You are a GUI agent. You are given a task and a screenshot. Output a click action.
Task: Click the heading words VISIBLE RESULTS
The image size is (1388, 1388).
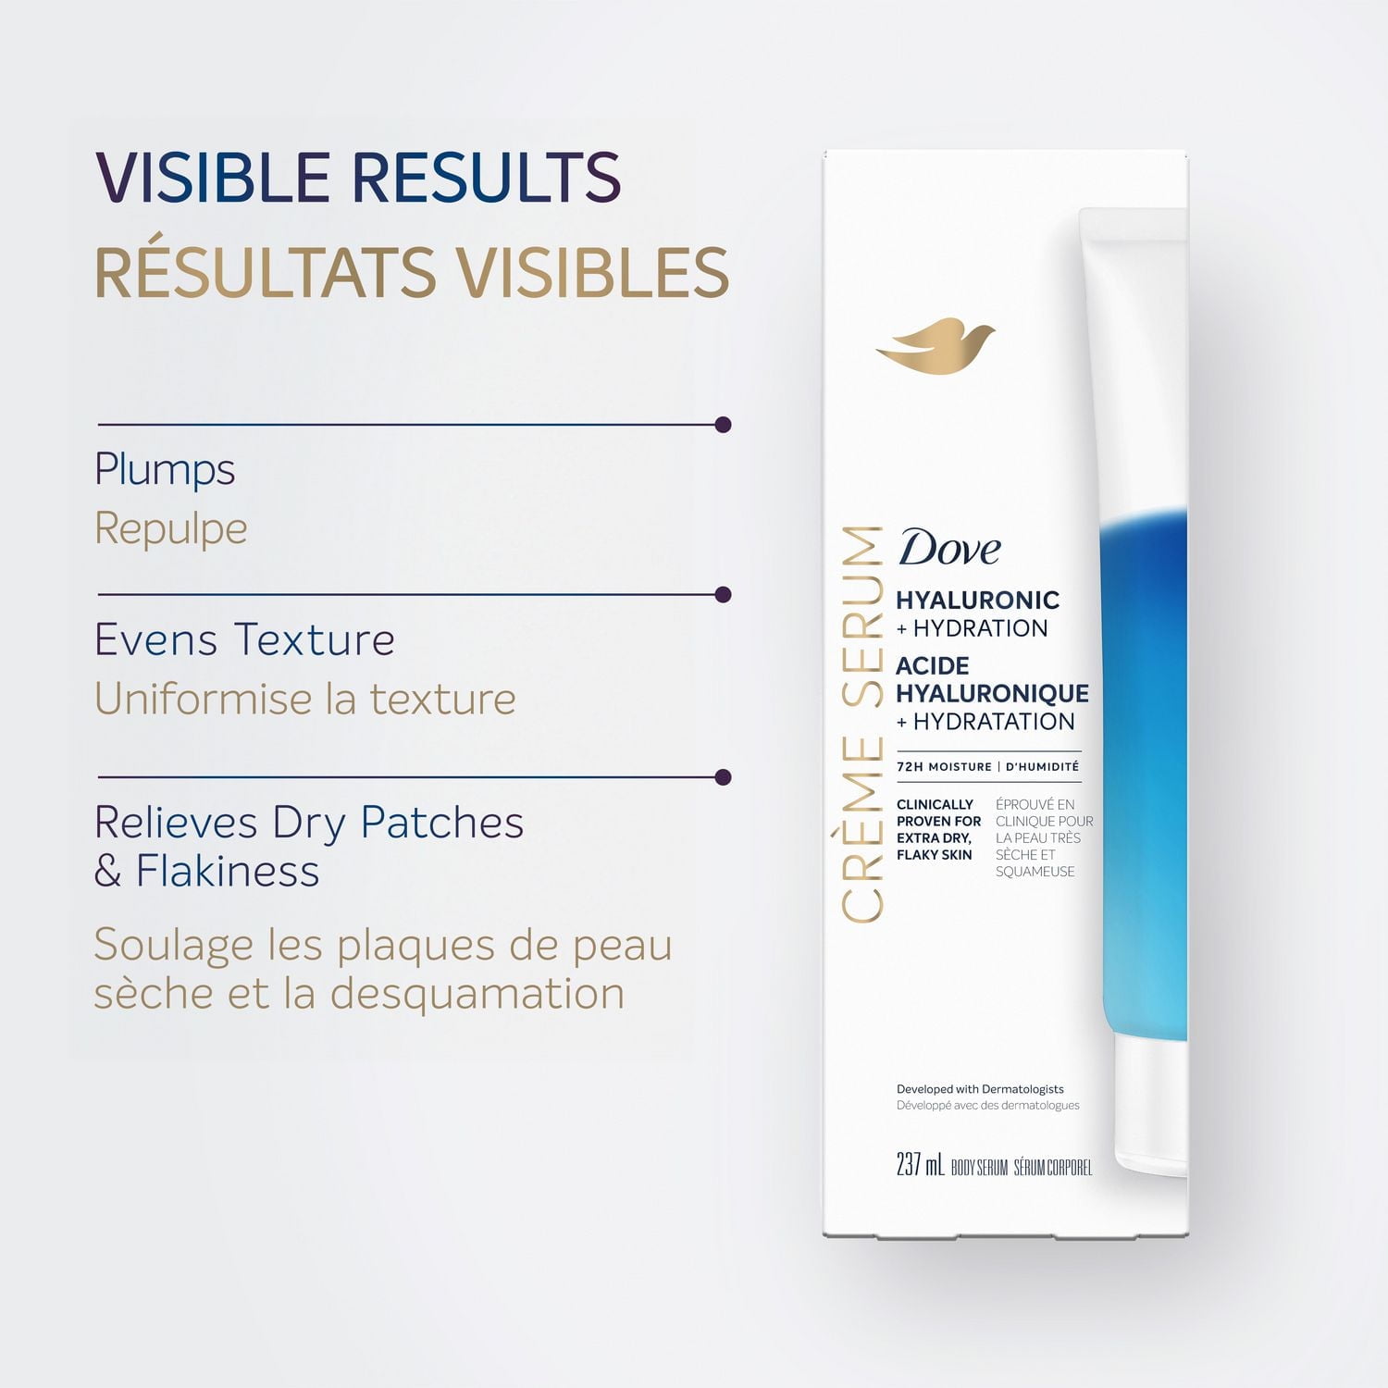tap(358, 177)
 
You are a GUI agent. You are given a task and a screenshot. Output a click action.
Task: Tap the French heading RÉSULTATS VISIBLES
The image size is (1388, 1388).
tap(412, 273)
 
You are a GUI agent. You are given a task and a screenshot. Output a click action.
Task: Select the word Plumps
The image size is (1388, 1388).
tap(165, 470)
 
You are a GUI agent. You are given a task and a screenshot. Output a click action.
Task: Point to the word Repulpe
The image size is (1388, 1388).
tap(171, 529)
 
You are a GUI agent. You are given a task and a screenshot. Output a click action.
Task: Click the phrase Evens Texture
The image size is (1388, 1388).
tap(244, 639)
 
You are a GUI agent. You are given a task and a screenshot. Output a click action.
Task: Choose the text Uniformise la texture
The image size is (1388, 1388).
tap(304, 699)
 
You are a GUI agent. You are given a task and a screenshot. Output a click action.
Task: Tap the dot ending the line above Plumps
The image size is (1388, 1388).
tap(724, 425)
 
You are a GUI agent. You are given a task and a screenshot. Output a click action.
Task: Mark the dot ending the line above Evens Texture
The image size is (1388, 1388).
tap(724, 594)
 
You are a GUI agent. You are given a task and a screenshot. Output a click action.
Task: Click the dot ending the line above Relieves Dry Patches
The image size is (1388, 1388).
tap(724, 777)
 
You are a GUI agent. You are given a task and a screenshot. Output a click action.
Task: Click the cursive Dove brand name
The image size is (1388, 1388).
tap(949, 548)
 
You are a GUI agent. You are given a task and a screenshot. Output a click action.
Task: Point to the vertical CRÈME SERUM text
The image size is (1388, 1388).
tap(862, 724)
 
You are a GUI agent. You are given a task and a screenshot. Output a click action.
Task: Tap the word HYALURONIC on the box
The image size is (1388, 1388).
tap(977, 600)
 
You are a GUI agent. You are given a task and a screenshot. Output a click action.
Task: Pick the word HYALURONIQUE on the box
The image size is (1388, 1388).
tap(992, 693)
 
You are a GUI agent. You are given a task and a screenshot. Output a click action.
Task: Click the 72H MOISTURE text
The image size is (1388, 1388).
tap(944, 767)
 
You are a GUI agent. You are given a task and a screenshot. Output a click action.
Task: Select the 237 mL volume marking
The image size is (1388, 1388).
tap(920, 1164)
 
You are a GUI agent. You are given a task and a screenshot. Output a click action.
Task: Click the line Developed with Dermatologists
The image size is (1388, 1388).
tap(980, 1089)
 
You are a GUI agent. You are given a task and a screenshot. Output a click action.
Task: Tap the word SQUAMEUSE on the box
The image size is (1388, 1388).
tap(1035, 872)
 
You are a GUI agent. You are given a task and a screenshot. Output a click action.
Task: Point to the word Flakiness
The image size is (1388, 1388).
tap(228, 872)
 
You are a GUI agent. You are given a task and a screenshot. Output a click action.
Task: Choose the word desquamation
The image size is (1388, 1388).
tap(477, 994)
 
